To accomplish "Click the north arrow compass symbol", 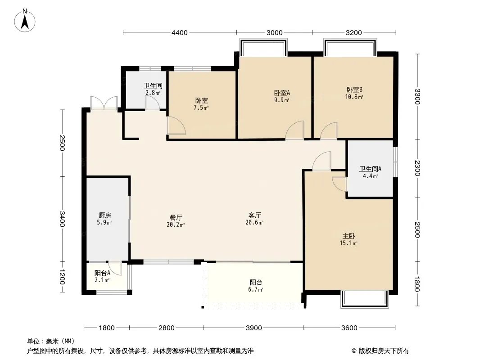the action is pyautogui.click(x=25, y=21).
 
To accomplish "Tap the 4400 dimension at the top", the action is pyautogui.click(x=179, y=33).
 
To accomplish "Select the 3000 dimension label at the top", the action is pyautogui.click(x=274, y=33).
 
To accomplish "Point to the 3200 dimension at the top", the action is pyautogui.click(x=353, y=33).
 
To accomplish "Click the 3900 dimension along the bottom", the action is pyautogui.click(x=254, y=328).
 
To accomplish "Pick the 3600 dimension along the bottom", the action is pyautogui.click(x=349, y=328).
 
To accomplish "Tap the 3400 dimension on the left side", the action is pyautogui.click(x=62, y=219).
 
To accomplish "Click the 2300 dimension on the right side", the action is pyautogui.click(x=417, y=168).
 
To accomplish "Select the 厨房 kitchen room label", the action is pyautogui.click(x=105, y=216).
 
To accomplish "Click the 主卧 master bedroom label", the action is pyautogui.click(x=349, y=236).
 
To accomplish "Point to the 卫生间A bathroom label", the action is pyautogui.click(x=370, y=169).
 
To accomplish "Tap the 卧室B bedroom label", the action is pyautogui.click(x=354, y=90).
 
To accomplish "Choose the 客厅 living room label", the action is pyautogui.click(x=255, y=216).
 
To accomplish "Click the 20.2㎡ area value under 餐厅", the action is pyautogui.click(x=176, y=225).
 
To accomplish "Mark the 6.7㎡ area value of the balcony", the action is pyautogui.click(x=256, y=289).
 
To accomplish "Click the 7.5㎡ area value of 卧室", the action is pyautogui.click(x=201, y=108).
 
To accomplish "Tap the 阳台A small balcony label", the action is pyautogui.click(x=102, y=273).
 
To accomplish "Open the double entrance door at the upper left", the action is pyautogui.click(x=104, y=103).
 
